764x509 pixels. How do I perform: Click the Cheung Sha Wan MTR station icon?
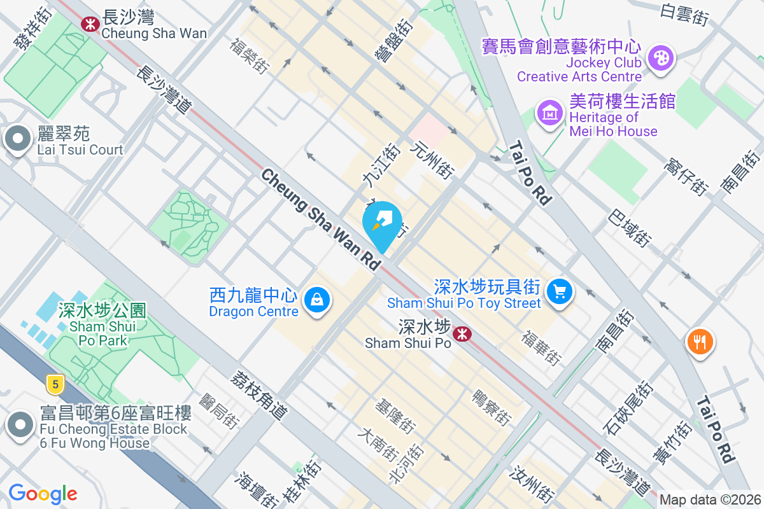[89, 24]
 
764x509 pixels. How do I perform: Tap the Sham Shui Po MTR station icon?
[462, 333]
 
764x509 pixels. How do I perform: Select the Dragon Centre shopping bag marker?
[316, 298]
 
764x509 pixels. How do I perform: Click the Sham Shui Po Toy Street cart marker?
[560, 292]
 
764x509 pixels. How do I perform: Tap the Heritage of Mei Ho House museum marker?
[550, 114]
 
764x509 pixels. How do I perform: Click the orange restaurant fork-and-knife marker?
[700, 342]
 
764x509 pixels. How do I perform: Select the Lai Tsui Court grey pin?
[17, 138]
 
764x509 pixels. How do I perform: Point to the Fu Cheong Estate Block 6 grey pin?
[20, 424]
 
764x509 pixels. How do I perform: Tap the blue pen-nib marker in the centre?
[382, 223]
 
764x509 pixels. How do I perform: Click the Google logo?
[43, 494]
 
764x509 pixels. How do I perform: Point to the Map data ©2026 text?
[710, 500]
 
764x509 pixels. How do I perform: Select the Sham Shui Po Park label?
[102, 325]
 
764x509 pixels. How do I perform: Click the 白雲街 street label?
[684, 14]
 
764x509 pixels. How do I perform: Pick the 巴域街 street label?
[630, 228]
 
